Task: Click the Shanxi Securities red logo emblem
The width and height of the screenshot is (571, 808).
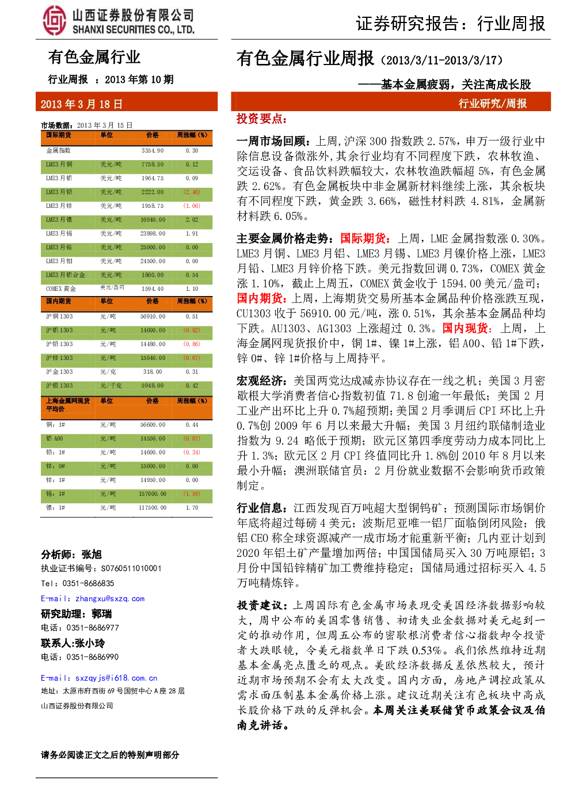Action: [x=55, y=21]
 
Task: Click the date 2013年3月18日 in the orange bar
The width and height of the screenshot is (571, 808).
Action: [x=82, y=104]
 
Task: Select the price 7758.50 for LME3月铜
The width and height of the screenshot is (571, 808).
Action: [x=153, y=165]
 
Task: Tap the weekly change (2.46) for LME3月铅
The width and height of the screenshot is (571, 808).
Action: [x=192, y=192]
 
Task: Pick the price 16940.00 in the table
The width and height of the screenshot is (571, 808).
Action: [x=153, y=219]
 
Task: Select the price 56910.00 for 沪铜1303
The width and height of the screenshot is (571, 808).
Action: [x=153, y=316]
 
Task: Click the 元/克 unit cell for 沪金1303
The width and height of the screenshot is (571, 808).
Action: [x=108, y=371]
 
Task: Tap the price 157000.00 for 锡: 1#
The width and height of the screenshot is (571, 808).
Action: [x=153, y=494]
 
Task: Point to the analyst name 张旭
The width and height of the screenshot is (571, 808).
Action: [x=92, y=555]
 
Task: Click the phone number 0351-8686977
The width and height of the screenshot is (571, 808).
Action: [x=93, y=628]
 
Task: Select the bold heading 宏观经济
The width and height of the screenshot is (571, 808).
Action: [x=260, y=381]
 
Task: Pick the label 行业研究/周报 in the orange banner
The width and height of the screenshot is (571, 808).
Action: [x=492, y=104]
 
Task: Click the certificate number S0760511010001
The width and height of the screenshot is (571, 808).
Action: [x=131, y=568]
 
